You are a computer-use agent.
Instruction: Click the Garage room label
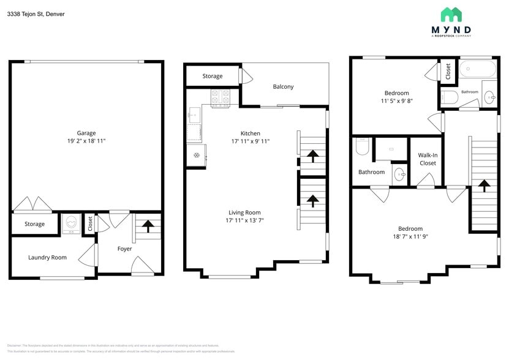tap(86, 133)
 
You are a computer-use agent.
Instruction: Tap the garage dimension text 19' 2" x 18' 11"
tap(86, 141)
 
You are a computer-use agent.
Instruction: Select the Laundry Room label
tap(47, 257)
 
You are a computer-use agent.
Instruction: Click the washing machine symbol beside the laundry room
tap(70, 224)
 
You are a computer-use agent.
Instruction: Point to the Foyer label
tap(124, 249)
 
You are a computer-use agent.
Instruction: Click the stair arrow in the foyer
tap(148, 226)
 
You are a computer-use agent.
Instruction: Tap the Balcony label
tap(283, 86)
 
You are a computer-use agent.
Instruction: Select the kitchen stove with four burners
tap(220, 97)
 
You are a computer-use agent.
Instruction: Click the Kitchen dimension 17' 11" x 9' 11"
tap(250, 141)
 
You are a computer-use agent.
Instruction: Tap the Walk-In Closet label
tap(428, 159)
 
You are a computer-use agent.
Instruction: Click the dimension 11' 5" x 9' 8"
tap(396, 101)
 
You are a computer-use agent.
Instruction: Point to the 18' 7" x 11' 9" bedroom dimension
tap(410, 236)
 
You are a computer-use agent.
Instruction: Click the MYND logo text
tap(451, 29)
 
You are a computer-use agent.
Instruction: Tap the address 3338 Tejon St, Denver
tap(36, 13)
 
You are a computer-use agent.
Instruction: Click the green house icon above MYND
tap(451, 15)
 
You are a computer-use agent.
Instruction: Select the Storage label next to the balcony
tap(213, 76)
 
